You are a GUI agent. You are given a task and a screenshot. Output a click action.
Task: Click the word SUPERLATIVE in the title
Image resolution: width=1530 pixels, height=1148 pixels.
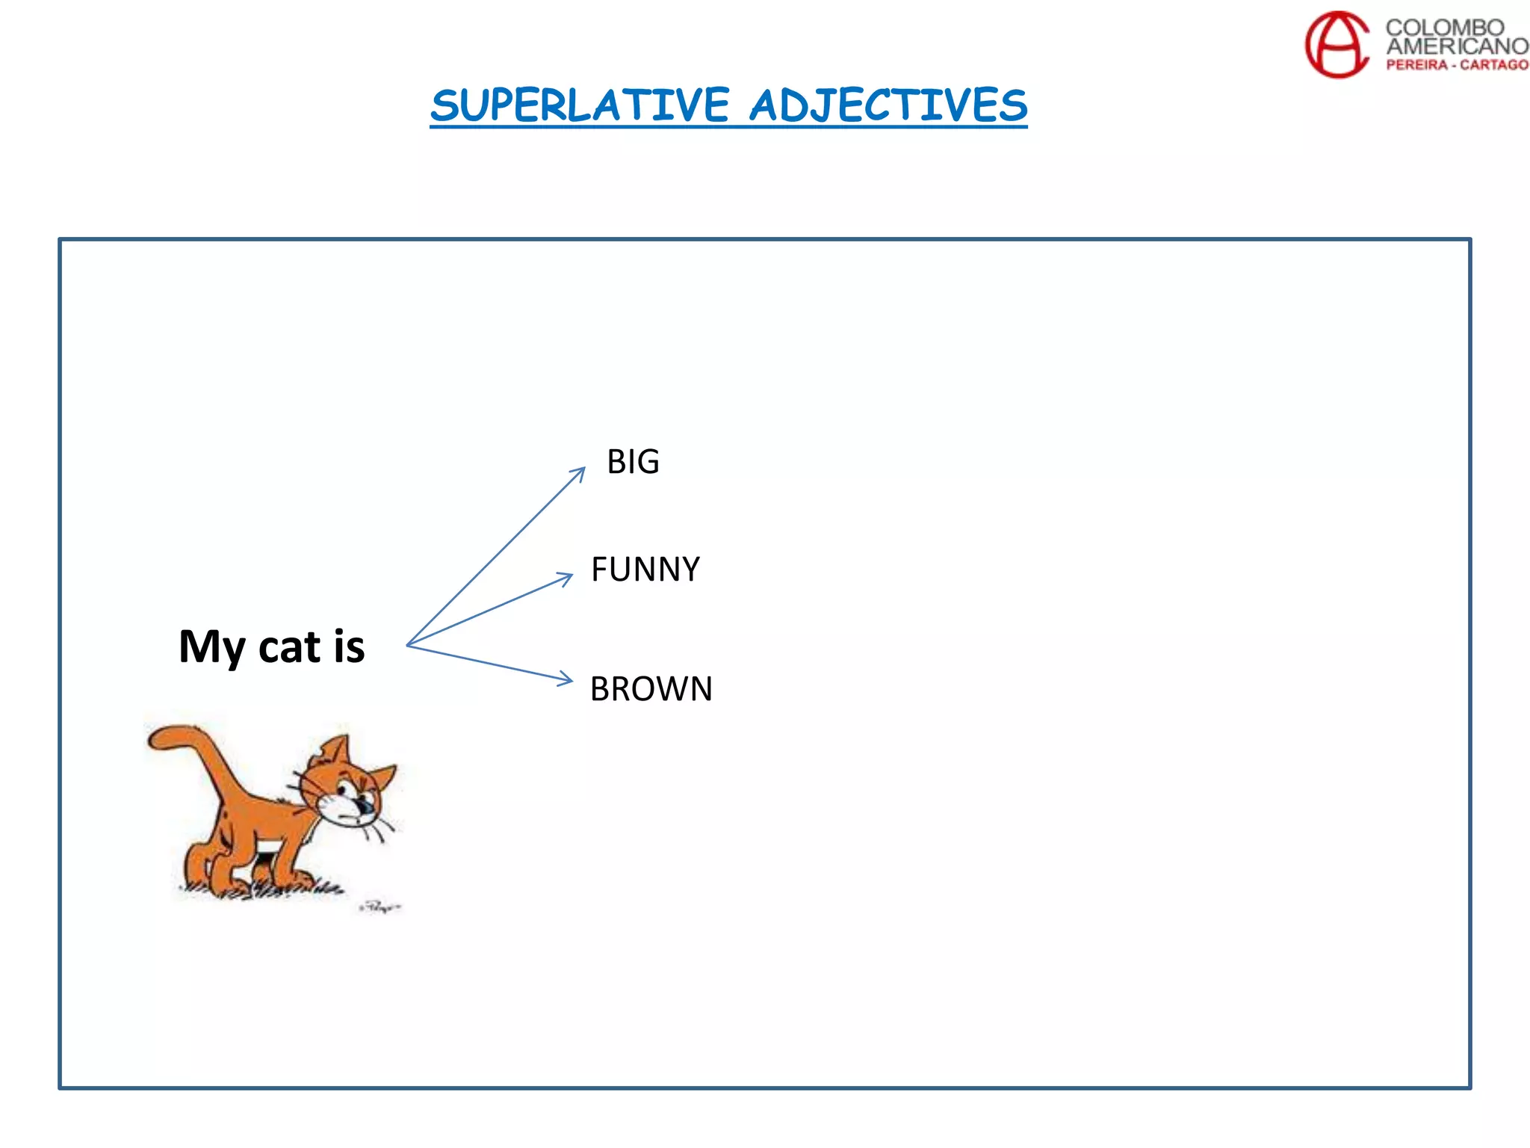[x=580, y=105]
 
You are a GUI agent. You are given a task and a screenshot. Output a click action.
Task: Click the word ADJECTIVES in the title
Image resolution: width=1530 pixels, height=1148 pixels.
[x=888, y=105]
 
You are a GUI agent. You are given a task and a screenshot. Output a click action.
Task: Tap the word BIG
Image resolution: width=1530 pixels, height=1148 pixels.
[x=633, y=462]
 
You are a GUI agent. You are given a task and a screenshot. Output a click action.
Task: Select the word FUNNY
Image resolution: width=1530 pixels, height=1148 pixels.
[x=645, y=570]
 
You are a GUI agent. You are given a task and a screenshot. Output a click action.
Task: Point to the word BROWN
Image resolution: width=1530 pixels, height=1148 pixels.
[x=651, y=689]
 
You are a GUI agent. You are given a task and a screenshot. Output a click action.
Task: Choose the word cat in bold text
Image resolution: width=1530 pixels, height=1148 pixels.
[x=289, y=647]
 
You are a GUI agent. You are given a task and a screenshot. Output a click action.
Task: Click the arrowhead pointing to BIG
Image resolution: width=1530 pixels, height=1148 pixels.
[x=580, y=472]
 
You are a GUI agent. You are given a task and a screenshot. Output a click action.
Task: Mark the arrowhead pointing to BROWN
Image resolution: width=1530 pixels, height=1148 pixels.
[x=566, y=679]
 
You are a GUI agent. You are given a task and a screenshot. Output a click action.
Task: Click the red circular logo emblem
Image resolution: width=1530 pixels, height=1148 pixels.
[x=1337, y=44]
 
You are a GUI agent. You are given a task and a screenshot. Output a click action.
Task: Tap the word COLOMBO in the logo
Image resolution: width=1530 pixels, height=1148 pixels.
[x=1444, y=28]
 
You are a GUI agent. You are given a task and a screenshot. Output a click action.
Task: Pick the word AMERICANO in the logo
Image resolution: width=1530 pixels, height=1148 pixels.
[x=1457, y=46]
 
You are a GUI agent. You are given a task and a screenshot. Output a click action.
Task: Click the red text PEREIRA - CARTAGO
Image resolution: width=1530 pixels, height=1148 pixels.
[x=1457, y=65]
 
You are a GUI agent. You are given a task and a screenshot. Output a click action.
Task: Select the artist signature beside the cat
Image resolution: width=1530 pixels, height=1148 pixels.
[x=380, y=907]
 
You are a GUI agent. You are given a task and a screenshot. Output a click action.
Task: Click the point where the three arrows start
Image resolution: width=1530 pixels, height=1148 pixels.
[x=408, y=645]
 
